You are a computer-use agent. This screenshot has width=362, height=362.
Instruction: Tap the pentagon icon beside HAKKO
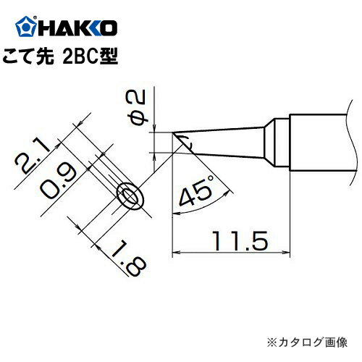click(25, 29)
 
